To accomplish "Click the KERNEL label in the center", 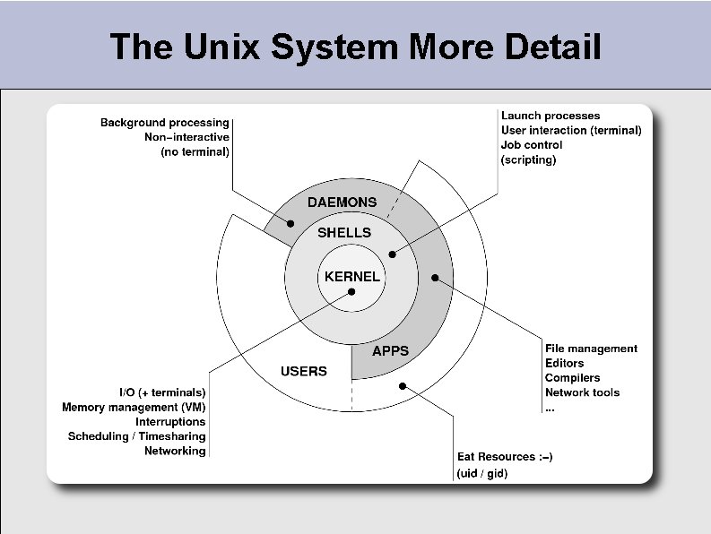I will pyautogui.click(x=351, y=277).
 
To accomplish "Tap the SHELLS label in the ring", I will pyautogui.click(x=344, y=232).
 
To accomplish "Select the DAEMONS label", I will pyautogui.click(x=342, y=202).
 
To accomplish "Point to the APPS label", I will pyautogui.click(x=390, y=351).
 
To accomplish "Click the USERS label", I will pyautogui.click(x=304, y=371).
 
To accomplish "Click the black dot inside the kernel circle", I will pyautogui.click(x=351, y=291).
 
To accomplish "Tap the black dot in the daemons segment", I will pyautogui.click(x=290, y=223).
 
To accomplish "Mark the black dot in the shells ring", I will pyautogui.click(x=392, y=254).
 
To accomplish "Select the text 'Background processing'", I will pyautogui.click(x=164, y=123).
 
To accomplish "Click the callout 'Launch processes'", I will pyautogui.click(x=551, y=116).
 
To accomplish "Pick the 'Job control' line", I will pyautogui.click(x=532, y=145).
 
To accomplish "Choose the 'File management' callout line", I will pyautogui.click(x=591, y=349).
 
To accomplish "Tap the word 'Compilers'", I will pyautogui.click(x=572, y=378).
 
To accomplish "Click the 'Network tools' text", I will pyautogui.click(x=582, y=392).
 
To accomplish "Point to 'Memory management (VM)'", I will pyautogui.click(x=134, y=408).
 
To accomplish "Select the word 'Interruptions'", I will pyautogui.click(x=170, y=422).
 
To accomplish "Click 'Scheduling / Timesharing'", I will pyautogui.click(x=136, y=436).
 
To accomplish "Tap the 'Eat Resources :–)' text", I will pyautogui.click(x=505, y=457).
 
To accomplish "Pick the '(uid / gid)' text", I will pyautogui.click(x=482, y=473).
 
